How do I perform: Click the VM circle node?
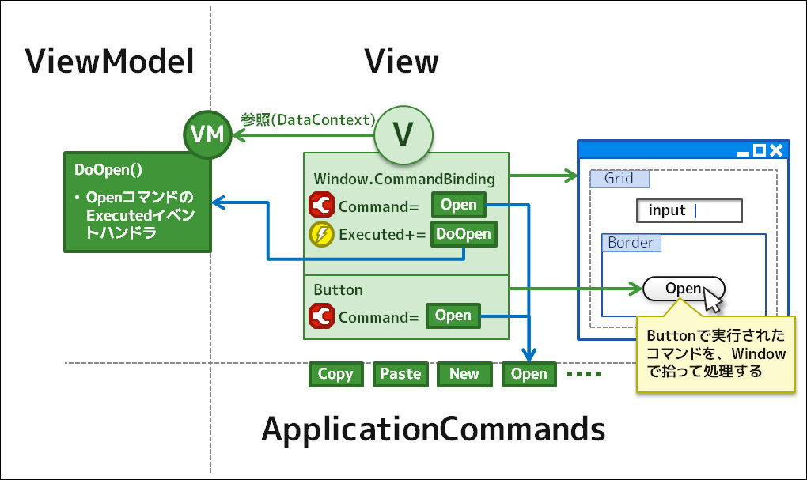pyautogui.click(x=207, y=135)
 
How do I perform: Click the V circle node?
pyautogui.click(x=403, y=135)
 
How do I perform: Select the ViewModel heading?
pyautogui.click(x=109, y=62)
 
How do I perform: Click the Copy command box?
pyautogui.click(x=335, y=374)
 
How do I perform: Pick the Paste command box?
pyautogui.click(x=400, y=374)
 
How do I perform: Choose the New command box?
pyautogui.click(x=464, y=374)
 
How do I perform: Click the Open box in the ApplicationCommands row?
pyautogui.click(x=529, y=374)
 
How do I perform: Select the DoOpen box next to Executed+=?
pyautogui.click(x=464, y=234)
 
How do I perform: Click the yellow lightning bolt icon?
pyautogui.click(x=321, y=234)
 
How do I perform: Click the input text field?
pyautogui.click(x=689, y=210)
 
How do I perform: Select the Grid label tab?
pyautogui.click(x=619, y=179)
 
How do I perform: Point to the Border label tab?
pyautogui.click(x=631, y=243)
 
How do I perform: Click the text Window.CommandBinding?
pyautogui.click(x=403, y=179)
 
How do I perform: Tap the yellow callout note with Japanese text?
pyautogui.click(x=715, y=353)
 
